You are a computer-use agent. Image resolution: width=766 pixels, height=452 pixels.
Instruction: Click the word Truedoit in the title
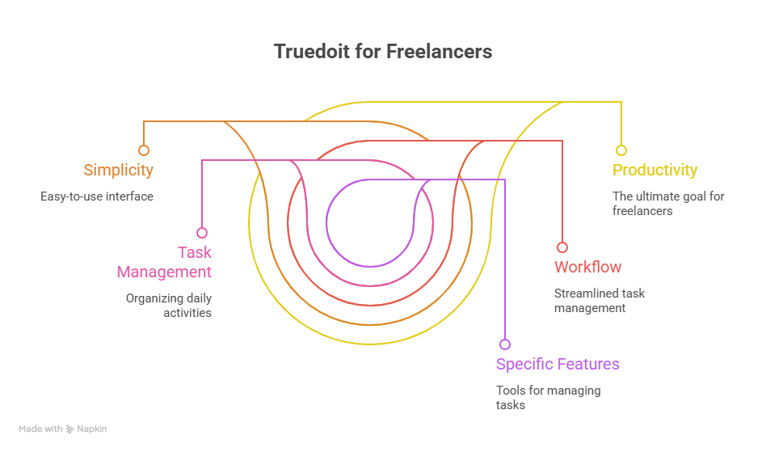[312, 52]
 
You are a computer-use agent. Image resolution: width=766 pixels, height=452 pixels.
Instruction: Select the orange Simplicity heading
[118, 171]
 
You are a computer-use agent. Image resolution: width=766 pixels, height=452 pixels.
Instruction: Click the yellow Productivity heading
[654, 170]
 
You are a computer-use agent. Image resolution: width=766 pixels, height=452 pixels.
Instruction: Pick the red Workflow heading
[587, 267]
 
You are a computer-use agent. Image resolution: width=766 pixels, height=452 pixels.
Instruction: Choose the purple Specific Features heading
[558, 364]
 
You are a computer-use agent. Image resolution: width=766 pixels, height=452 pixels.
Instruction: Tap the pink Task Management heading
[164, 262]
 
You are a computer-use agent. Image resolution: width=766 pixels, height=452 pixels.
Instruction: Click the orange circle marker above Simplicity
[144, 150]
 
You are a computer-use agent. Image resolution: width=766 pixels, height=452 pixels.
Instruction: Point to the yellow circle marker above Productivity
[621, 150]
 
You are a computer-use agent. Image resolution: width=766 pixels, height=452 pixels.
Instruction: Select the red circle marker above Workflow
[562, 247]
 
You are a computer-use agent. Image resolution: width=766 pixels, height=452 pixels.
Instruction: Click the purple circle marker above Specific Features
[505, 344]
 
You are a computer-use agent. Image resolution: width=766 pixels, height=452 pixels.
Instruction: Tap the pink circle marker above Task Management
[202, 233]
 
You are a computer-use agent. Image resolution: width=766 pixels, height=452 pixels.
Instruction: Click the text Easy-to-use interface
[97, 196]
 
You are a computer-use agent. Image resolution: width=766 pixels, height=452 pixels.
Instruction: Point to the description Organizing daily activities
[169, 306]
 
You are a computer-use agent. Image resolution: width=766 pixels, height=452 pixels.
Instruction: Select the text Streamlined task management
[600, 301]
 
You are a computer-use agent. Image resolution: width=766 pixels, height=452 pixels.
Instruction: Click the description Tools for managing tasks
[548, 398]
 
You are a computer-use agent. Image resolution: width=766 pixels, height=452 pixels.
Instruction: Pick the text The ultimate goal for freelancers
[668, 203]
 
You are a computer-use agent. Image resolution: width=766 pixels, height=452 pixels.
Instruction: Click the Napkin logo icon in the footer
[70, 429]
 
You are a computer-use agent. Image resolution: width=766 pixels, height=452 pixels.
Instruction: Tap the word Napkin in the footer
[91, 429]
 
